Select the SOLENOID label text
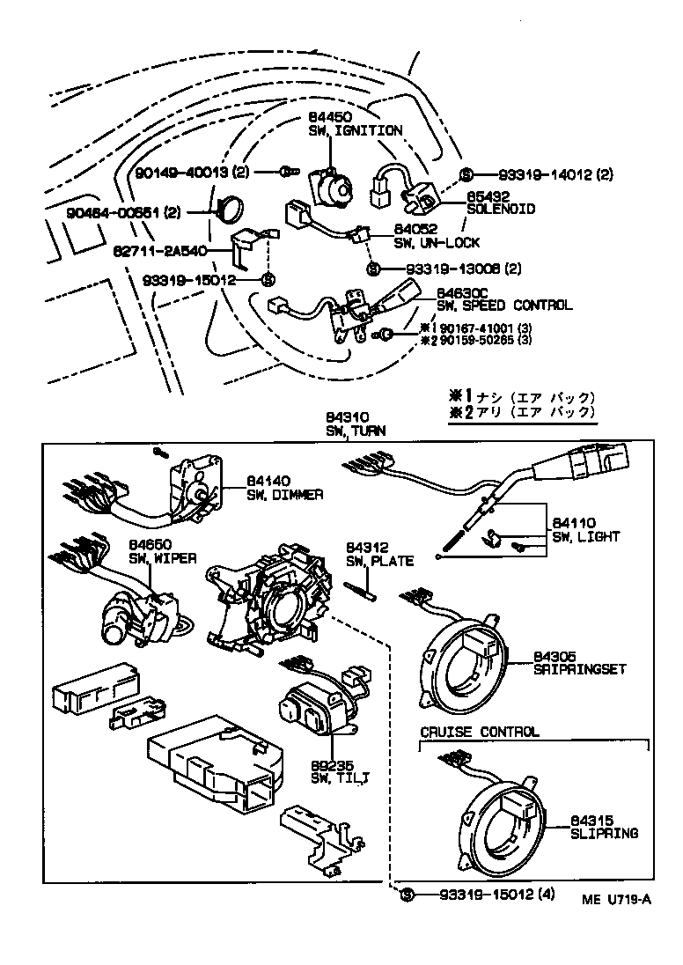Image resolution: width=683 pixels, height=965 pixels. coord(500,210)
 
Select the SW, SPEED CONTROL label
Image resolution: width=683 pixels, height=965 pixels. coord(504,306)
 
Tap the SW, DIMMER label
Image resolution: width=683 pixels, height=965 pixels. coord(284,495)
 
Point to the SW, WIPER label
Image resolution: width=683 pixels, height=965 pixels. coord(163,558)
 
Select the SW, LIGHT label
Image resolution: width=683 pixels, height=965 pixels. coord(585,536)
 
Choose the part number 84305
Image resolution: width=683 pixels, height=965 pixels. coord(554,656)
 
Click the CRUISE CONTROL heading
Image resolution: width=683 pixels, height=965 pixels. coord(479,732)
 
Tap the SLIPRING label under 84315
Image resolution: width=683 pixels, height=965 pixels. coord(604,833)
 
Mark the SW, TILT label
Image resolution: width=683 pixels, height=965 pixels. coord(340,777)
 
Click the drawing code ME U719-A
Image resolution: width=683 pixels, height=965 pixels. coord(616,899)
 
